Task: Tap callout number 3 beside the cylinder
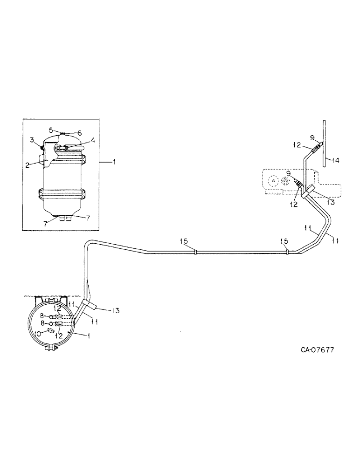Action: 33,139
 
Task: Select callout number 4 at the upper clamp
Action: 93,139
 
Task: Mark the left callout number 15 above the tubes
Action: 184,241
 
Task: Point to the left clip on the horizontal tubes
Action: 196,252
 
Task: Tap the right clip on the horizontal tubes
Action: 287,252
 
